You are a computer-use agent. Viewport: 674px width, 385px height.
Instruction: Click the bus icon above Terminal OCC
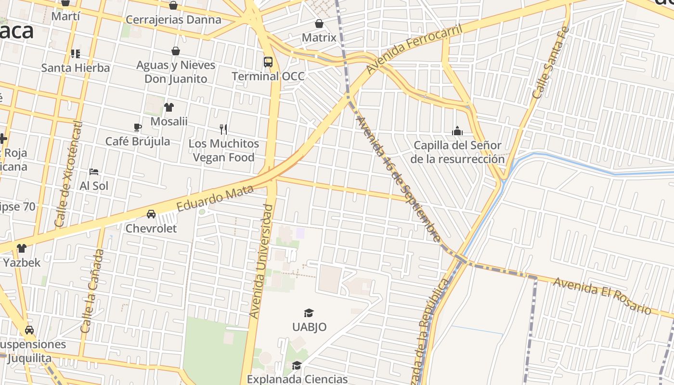pos(268,62)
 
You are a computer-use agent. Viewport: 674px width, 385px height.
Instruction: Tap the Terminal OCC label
pos(268,76)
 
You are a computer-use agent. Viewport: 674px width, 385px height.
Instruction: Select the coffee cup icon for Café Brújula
pos(138,128)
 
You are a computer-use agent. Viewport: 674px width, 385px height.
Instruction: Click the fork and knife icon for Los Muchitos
pos(223,129)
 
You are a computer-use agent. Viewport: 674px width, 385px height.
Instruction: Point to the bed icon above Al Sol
pos(94,172)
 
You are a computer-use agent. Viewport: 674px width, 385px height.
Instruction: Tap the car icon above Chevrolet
pos(151,214)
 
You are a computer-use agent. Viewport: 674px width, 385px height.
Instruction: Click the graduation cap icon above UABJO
pos(309,313)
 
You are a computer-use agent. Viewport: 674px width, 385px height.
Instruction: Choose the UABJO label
pos(309,327)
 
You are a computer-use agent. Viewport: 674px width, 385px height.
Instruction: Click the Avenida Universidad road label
pos(261,261)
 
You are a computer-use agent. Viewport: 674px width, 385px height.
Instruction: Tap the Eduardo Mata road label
pos(215,198)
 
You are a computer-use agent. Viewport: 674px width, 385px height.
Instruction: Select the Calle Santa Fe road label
pos(551,63)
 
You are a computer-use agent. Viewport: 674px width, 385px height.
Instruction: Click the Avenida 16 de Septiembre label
pos(398,179)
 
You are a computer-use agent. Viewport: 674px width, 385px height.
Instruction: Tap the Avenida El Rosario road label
pos(602,295)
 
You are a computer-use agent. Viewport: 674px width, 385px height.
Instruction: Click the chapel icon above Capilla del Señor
pos(457,131)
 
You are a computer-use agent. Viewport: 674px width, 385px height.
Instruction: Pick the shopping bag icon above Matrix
pos(319,24)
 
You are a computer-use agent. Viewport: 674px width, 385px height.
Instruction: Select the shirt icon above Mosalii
pos(168,107)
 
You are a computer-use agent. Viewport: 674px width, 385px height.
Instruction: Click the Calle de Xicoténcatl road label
pos(68,174)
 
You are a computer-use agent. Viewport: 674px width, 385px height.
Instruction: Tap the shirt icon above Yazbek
pos(22,248)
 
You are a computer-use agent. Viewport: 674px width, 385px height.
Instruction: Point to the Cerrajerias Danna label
pos(173,20)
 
